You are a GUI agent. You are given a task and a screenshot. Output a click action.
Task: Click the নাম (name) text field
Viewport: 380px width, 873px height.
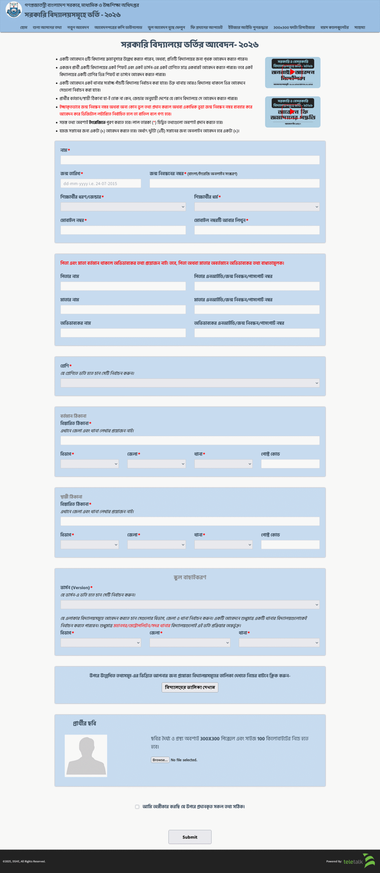(x=190, y=160)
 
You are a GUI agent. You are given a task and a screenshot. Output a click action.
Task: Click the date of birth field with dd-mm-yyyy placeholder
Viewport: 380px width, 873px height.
(x=101, y=183)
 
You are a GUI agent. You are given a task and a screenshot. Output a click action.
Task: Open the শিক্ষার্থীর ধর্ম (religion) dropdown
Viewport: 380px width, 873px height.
(x=257, y=207)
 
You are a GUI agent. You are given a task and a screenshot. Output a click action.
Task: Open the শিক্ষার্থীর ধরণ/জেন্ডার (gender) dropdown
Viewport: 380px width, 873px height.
(x=123, y=207)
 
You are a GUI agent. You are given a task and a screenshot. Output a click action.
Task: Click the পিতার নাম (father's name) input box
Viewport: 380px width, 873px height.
(x=123, y=286)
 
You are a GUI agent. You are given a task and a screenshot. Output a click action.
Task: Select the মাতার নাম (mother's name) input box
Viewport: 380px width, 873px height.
(x=123, y=309)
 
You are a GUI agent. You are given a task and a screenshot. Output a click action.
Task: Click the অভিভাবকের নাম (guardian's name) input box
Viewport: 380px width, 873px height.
(x=123, y=333)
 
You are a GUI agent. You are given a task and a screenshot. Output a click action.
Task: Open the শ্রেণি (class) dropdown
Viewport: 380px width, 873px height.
(x=190, y=383)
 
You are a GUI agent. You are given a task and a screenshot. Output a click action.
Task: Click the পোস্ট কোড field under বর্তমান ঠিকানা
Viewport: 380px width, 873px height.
(x=290, y=464)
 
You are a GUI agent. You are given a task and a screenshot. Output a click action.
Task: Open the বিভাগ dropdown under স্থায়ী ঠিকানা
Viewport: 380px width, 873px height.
(x=89, y=545)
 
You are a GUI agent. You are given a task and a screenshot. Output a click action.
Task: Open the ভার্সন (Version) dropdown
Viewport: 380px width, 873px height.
(x=190, y=605)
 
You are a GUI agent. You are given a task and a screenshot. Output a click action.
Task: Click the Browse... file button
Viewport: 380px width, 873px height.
(x=160, y=760)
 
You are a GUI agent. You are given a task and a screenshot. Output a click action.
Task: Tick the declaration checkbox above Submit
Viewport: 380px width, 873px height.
(x=137, y=807)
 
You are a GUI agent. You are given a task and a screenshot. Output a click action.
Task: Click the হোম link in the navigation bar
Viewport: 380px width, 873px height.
(x=24, y=28)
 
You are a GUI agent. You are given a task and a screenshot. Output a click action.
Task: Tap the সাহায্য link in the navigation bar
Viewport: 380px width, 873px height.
(x=360, y=28)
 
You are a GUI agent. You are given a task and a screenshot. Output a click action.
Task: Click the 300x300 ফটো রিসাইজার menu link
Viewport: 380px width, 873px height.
(x=294, y=28)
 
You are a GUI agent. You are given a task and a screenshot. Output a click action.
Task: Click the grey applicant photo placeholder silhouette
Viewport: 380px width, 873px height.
(x=86, y=756)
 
